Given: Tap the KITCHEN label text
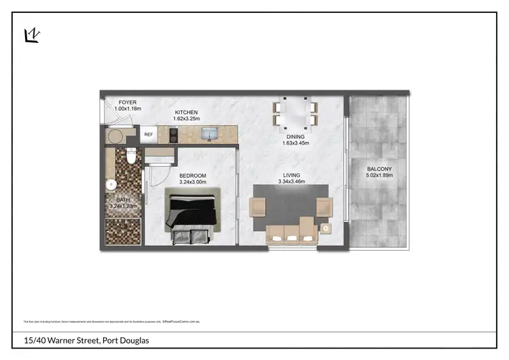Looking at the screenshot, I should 186,112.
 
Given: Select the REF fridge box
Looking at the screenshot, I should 148,135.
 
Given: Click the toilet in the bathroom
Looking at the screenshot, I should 132,156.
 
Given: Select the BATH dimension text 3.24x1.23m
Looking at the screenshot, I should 123,206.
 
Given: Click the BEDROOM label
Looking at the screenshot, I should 193,175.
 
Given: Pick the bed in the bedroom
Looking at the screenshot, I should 193,216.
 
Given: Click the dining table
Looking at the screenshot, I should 295,113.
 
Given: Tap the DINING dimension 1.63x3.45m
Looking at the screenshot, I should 295,143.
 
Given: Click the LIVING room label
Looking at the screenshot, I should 292,175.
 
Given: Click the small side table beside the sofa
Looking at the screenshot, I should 326,230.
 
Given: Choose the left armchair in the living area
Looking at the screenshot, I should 259,206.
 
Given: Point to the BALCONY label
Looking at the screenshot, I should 379,168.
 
